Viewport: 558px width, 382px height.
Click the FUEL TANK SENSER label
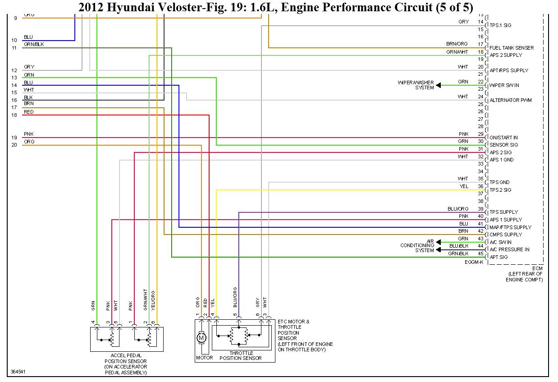tap(512, 48)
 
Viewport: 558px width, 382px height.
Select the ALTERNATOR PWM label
tap(511, 100)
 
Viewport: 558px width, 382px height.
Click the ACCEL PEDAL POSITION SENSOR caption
tap(125, 364)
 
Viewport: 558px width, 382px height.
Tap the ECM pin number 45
tap(480, 253)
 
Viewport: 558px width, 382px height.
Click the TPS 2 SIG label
tap(500, 190)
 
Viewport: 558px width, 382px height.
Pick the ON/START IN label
tap(503, 138)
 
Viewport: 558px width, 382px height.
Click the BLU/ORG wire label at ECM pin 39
tap(458, 209)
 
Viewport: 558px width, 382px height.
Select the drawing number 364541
tap(18, 372)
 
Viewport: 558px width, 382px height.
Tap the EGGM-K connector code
tap(474, 262)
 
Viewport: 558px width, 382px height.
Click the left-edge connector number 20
tap(14, 145)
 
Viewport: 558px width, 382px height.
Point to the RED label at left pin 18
tap(28, 112)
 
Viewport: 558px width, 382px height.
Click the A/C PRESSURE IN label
tap(509, 249)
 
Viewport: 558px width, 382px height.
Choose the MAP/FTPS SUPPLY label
tap(510, 227)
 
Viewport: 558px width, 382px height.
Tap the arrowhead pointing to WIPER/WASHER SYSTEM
tap(439, 85)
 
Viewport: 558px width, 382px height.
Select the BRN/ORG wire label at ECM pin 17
tap(457, 44)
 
